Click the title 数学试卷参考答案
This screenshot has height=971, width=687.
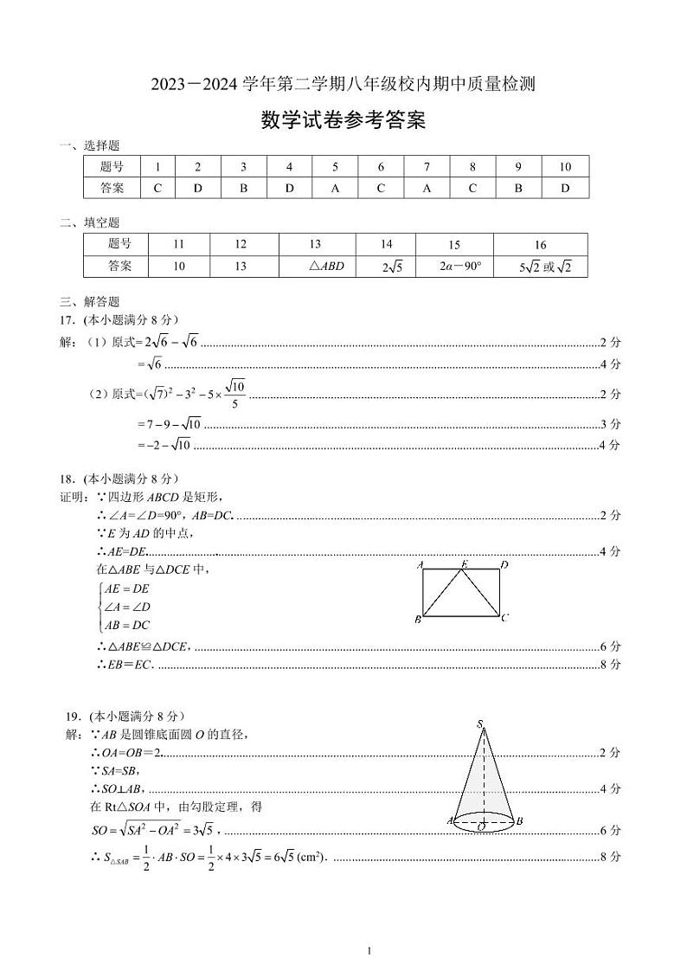343,121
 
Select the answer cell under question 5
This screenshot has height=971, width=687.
335,188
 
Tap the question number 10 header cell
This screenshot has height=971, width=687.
565,166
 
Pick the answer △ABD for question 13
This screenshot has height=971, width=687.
326,267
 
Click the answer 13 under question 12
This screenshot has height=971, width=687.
241,267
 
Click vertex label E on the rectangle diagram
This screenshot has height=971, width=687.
464,564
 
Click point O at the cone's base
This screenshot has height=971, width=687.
480,827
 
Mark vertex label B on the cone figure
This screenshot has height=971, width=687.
517,820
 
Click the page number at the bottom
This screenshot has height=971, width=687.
369,951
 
